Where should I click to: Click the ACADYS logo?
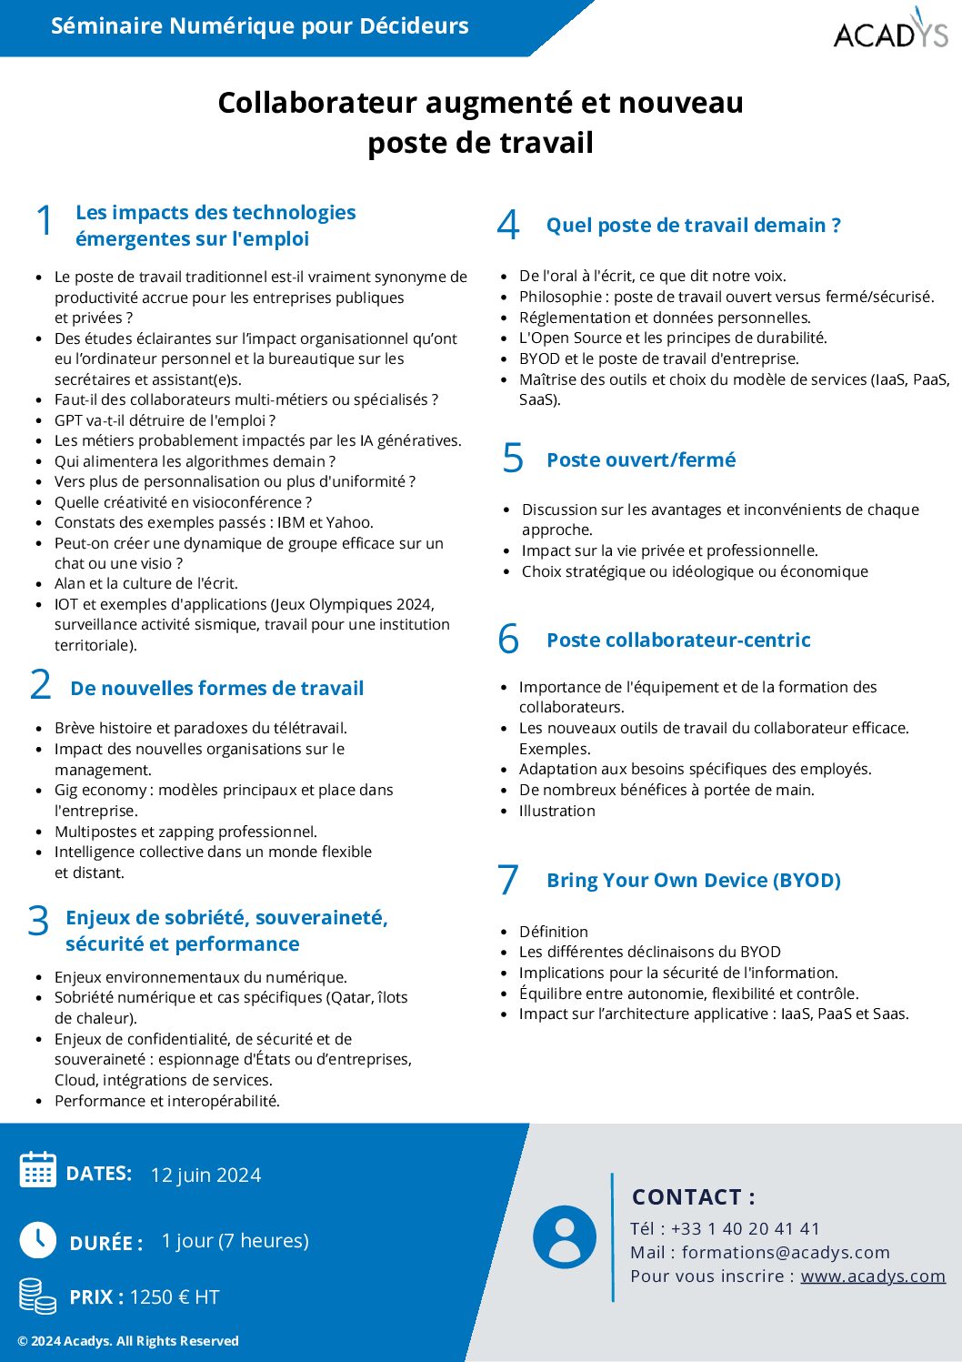[890, 30]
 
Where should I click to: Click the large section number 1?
[45, 221]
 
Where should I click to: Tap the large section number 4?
[508, 226]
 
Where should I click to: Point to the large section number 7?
[508, 880]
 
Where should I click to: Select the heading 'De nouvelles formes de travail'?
[216, 689]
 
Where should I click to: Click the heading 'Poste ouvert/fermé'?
[641, 460]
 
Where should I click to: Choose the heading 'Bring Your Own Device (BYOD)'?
[693, 881]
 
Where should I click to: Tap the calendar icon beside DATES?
[38, 1170]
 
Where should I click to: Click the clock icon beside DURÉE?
[38, 1239]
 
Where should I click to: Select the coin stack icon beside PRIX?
[38, 1296]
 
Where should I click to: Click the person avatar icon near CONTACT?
[565, 1237]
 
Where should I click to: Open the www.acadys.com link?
[873, 1276]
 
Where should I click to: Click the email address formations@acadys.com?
[786, 1252]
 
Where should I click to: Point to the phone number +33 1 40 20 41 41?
[746, 1228]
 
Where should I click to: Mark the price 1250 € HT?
[175, 1297]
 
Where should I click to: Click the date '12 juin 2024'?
[205, 1175]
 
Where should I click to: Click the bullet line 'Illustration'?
[557, 811]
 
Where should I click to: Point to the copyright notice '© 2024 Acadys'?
[128, 1341]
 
